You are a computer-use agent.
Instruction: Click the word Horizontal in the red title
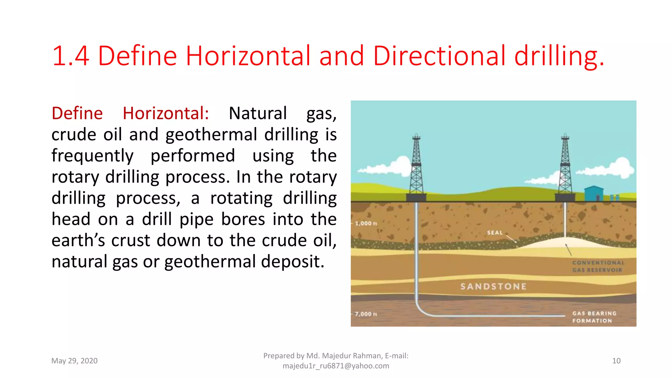248,56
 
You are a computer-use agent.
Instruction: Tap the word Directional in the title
439,56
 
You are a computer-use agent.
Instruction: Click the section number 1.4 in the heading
71,56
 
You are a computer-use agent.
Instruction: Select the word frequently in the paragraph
93,156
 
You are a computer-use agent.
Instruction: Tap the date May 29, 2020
74,361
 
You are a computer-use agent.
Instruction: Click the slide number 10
616,361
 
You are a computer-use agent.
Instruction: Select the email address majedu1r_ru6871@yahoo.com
336,366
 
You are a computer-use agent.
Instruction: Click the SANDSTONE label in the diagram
493,286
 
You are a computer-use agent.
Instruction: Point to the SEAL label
495,233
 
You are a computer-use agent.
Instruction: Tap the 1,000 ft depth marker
366,223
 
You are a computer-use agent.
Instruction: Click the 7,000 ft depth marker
366,314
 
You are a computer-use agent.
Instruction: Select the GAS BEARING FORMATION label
594,317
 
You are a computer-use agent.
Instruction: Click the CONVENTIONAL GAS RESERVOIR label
598,266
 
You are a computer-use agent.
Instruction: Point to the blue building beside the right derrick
594,193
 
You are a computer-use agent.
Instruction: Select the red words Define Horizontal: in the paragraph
130,114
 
